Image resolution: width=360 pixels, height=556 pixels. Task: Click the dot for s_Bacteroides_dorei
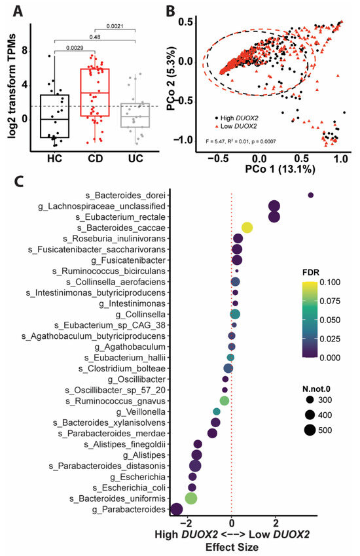tap(311, 195)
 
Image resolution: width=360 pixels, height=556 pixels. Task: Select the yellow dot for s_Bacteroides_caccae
tap(247, 227)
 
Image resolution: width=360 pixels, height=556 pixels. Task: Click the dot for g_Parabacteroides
tap(175, 508)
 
